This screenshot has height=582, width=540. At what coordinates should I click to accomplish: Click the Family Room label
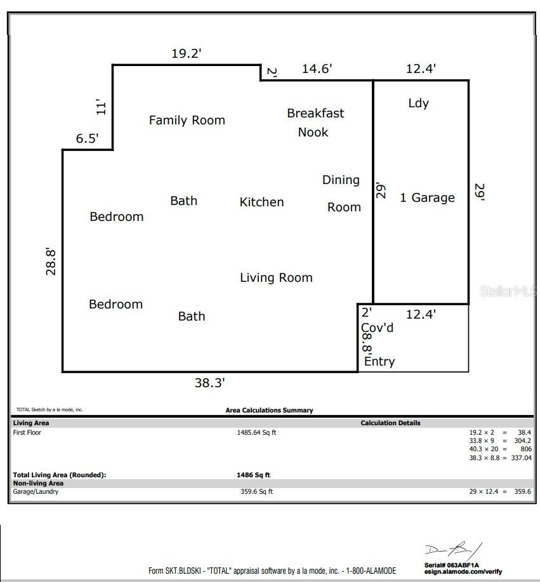[187, 120]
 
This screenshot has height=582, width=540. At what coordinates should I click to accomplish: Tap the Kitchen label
[261, 202]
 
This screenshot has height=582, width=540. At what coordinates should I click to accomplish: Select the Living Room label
[276, 278]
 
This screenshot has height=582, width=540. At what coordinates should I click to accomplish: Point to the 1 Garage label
[427, 198]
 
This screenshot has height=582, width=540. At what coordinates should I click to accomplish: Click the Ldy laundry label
[419, 103]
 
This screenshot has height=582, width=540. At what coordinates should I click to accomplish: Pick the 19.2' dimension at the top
[187, 53]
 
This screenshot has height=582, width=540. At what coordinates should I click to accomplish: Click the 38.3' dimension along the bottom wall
[209, 383]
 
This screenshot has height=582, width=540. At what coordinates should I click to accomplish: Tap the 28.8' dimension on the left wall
[51, 261]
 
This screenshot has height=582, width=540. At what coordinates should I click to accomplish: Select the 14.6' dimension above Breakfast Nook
[317, 69]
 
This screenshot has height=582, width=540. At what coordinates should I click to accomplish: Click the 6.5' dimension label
[87, 138]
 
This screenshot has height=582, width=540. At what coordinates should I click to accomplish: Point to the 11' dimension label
[101, 107]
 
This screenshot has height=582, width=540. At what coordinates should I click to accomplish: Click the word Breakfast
[315, 113]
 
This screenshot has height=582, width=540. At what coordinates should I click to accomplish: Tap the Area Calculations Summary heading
[269, 410]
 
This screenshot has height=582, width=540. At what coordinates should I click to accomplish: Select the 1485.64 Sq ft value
[256, 432]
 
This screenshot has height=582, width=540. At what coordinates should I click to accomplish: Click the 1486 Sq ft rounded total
[253, 475]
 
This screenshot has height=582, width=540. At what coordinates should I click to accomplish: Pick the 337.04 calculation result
[521, 458]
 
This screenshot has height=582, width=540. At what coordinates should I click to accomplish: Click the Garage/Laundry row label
[36, 492]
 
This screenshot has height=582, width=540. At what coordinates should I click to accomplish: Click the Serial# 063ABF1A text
[452, 565]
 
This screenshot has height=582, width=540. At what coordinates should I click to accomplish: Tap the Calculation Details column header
[390, 423]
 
